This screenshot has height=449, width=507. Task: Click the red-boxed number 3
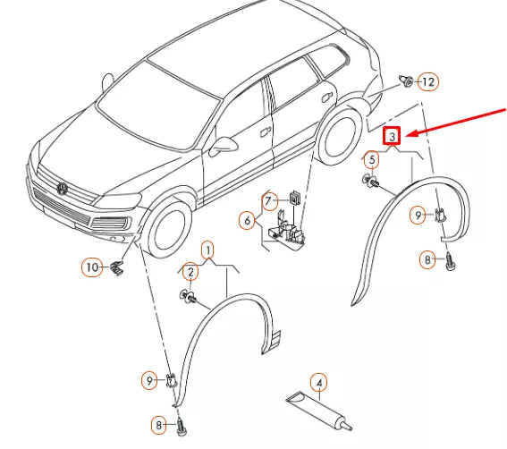[392, 137]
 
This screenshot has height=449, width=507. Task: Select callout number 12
[427, 82]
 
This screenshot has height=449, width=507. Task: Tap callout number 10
[92, 267]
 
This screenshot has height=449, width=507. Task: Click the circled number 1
[207, 248]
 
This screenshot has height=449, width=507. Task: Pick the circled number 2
[190, 271]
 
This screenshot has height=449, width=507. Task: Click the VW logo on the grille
[63, 189]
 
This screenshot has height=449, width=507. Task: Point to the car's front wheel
[168, 229]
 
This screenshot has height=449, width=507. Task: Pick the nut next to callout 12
[407, 83]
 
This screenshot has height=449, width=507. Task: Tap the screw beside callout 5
[371, 182]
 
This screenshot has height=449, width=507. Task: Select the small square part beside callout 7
[293, 199]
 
